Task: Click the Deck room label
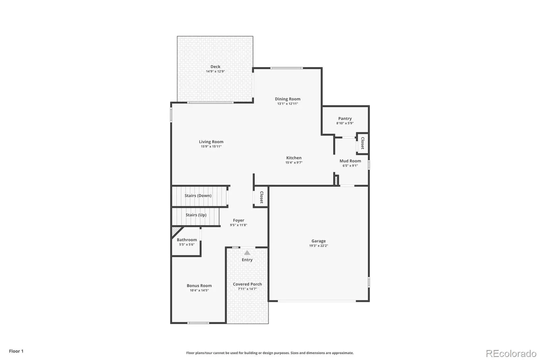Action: click(x=215, y=67)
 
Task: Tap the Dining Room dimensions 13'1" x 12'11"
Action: click(x=288, y=104)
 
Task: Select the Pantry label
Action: click(x=345, y=119)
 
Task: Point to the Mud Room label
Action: click(x=350, y=161)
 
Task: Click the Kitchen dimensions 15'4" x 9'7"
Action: click(x=294, y=163)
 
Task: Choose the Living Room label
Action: click(x=211, y=142)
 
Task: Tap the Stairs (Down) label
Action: click(x=198, y=196)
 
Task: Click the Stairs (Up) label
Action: click(x=196, y=215)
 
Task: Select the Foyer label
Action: click(x=238, y=220)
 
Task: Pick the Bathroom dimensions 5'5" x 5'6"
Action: click(x=187, y=245)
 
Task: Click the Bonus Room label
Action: click(x=199, y=286)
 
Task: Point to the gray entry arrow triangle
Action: click(x=247, y=253)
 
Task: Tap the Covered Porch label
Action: click(x=247, y=284)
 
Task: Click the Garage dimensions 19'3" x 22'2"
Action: click(x=319, y=246)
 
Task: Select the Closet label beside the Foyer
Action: click(x=262, y=197)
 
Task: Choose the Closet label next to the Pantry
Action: click(x=362, y=143)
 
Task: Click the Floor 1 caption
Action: click(x=16, y=351)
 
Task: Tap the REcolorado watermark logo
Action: click(x=511, y=354)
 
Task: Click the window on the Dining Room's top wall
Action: click(x=287, y=68)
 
